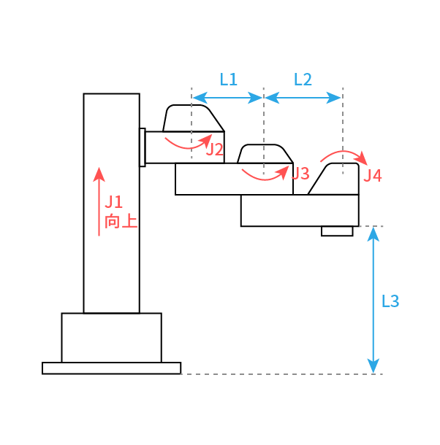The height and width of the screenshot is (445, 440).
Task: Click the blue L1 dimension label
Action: point(228,80)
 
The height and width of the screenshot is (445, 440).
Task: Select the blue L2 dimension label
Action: point(303,80)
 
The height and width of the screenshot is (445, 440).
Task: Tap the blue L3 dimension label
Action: point(390,301)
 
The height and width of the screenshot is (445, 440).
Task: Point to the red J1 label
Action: point(114,202)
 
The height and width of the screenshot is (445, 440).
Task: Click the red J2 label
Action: point(215,150)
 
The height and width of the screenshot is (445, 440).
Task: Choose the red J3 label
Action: point(301,174)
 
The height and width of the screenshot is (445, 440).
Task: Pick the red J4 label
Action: point(373,176)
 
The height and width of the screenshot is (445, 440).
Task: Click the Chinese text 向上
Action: point(121,222)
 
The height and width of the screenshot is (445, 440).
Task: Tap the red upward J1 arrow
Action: point(99,201)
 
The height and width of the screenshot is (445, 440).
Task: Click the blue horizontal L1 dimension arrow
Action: point(227,98)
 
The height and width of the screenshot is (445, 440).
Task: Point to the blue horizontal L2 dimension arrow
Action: point(303,98)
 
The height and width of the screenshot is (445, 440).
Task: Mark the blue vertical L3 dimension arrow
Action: point(373,300)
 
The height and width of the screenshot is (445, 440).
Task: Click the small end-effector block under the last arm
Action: point(337,231)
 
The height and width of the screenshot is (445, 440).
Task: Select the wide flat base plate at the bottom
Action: point(112,368)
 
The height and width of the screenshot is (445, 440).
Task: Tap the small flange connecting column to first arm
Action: point(143,147)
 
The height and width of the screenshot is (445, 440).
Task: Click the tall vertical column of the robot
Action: point(112,204)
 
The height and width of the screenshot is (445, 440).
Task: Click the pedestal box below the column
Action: point(112,338)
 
